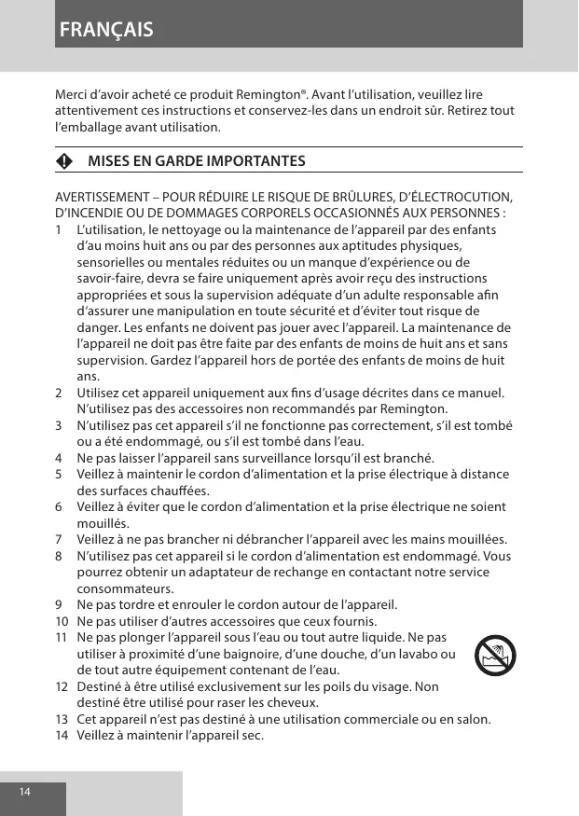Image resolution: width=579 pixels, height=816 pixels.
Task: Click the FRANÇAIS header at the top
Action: pyautogui.click(x=106, y=29)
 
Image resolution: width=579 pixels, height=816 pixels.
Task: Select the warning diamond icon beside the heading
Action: pyautogui.click(x=62, y=161)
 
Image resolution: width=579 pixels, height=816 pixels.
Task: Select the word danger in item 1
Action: pyautogui.click(x=99, y=327)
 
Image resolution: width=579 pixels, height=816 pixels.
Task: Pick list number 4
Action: pyautogui.click(x=60, y=458)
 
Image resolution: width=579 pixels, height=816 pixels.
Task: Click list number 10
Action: pyautogui.click(x=62, y=621)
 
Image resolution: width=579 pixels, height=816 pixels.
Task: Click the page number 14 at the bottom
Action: pyautogui.click(x=24, y=792)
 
